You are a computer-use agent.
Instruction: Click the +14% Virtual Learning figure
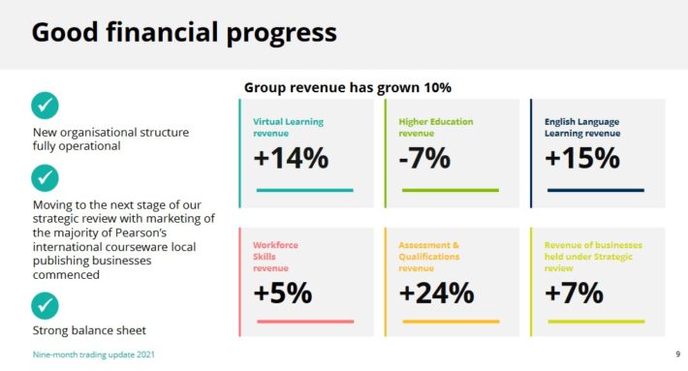(x=291, y=158)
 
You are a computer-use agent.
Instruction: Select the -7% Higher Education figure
(x=424, y=158)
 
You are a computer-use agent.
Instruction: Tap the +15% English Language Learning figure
(x=582, y=158)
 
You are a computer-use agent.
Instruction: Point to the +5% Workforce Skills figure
(x=283, y=293)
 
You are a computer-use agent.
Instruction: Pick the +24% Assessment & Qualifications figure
(x=437, y=293)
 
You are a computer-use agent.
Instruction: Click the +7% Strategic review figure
(x=574, y=293)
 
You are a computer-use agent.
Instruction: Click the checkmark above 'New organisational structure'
(x=45, y=106)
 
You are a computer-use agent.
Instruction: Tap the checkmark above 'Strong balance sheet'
(x=45, y=306)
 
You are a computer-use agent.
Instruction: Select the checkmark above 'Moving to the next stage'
(x=45, y=178)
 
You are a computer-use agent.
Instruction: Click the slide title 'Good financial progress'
(x=184, y=33)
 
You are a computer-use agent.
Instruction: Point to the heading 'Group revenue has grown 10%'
(x=348, y=88)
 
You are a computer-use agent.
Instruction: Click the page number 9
(x=678, y=354)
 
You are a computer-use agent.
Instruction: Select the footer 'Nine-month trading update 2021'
(x=93, y=355)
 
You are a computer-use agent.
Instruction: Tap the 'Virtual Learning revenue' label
(x=288, y=127)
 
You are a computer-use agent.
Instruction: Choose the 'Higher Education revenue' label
(x=436, y=127)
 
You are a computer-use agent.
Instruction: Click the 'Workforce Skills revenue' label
(x=275, y=257)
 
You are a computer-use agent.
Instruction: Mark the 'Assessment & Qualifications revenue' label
(x=429, y=257)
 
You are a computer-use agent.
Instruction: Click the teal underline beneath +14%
(x=305, y=190)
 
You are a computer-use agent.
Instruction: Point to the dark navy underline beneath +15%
(x=596, y=190)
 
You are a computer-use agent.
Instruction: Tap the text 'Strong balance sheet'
(x=89, y=330)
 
